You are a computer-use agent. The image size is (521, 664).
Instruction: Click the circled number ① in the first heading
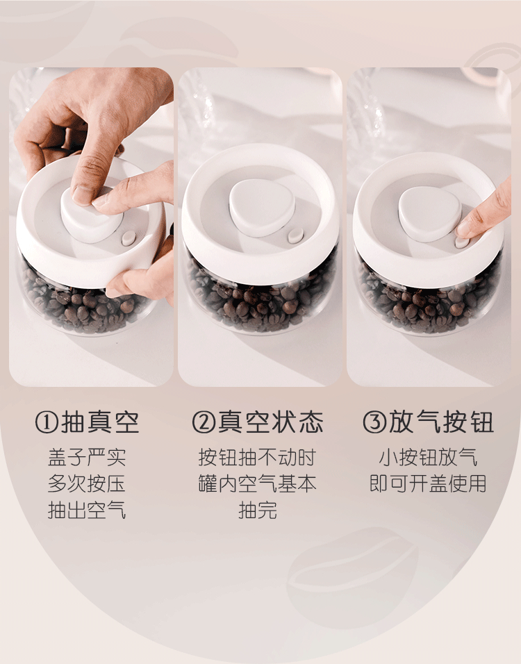point(46,422)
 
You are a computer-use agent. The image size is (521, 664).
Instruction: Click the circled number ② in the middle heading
point(204,422)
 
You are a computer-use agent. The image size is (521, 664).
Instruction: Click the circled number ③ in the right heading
point(374,422)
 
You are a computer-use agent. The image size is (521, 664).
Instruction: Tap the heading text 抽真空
point(101,422)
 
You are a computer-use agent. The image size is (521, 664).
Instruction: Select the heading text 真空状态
point(271,422)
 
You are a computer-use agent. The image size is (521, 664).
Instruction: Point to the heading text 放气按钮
point(441,422)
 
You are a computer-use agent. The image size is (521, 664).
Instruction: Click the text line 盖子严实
point(87,457)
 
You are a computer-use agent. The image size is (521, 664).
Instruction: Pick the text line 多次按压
point(87,483)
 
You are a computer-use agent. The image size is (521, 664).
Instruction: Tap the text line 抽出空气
point(87,510)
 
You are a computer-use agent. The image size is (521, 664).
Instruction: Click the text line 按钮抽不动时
point(257,457)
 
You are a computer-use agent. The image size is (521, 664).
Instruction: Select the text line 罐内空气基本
point(257,483)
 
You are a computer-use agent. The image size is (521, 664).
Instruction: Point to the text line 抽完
point(258,510)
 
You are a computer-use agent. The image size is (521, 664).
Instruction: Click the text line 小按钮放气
point(428,457)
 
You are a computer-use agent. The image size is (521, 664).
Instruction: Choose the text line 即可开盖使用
point(428,483)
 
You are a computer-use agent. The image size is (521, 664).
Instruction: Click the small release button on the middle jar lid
point(295,235)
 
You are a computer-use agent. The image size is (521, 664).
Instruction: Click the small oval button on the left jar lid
point(129,238)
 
